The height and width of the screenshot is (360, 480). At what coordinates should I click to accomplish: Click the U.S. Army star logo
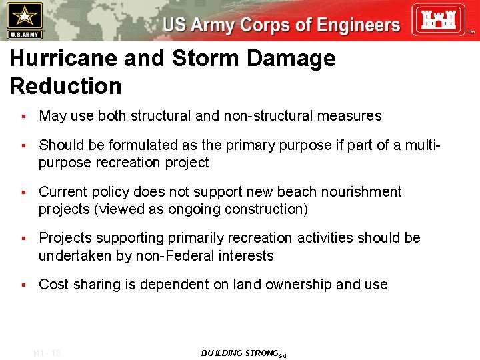click(25, 20)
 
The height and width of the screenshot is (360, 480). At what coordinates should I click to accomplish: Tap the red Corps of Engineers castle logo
click(437, 20)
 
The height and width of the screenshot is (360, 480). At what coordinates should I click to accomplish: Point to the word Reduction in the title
click(66, 86)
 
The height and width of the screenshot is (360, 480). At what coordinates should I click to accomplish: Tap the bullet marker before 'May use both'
click(23, 117)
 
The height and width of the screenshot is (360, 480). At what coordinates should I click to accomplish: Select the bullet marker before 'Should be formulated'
click(23, 146)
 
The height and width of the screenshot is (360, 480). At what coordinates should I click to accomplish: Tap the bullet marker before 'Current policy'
click(23, 193)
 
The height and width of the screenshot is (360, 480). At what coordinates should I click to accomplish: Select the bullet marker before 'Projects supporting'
click(23, 239)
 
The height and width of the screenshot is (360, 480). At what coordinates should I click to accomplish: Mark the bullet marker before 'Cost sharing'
click(23, 285)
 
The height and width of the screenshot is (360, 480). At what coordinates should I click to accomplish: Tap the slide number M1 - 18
click(47, 353)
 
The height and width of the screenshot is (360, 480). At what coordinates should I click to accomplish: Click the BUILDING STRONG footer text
click(240, 353)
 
